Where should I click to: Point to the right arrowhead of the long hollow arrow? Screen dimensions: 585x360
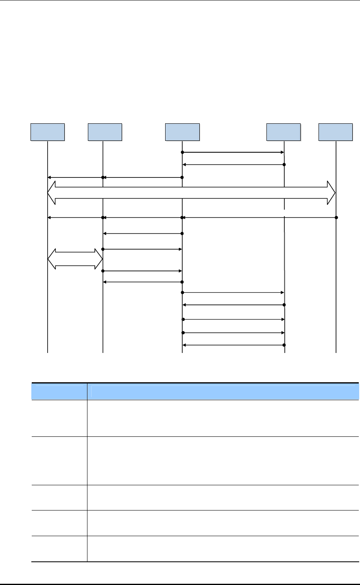click(331, 193)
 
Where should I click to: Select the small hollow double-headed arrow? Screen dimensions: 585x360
click(75, 259)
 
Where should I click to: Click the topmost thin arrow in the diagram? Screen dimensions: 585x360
click(233, 152)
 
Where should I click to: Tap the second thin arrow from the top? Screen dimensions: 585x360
click(233, 164)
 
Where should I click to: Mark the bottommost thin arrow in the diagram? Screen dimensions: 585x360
click(233, 345)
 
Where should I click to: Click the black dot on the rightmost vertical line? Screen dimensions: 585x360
click(336, 217)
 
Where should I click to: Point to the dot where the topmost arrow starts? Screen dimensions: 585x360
click(183, 152)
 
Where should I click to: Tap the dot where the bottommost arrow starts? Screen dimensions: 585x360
click(284, 345)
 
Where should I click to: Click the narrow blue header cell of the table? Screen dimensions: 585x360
click(59, 392)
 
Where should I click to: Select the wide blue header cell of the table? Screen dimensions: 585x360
click(223, 392)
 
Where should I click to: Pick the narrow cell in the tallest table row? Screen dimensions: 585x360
click(59, 460)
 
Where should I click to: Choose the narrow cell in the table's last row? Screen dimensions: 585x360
click(59, 549)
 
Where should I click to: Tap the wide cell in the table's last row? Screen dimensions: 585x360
click(223, 549)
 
